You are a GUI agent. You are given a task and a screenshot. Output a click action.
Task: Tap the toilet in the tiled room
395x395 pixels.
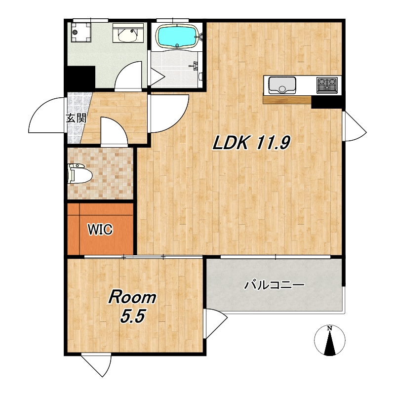pyautogui.click(x=79, y=173)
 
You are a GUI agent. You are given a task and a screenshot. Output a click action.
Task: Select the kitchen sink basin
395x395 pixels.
pyautogui.click(x=282, y=85)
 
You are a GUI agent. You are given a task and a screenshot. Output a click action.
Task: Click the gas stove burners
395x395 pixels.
pyautogui.click(x=327, y=84)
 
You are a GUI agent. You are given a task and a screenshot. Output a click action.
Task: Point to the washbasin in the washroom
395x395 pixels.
pyautogui.click(x=128, y=33)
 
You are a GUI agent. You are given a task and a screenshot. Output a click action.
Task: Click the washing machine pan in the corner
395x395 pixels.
pyautogui.click(x=80, y=32)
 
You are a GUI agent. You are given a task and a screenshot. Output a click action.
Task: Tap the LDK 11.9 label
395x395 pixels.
pyautogui.click(x=252, y=143)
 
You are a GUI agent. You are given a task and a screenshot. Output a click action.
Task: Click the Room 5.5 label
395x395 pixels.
pyautogui.click(x=132, y=307)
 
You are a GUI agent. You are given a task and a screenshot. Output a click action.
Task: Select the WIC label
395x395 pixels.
pyautogui.click(x=100, y=229)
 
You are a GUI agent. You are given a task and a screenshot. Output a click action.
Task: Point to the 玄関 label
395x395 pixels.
pyautogui.click(x=77, y=118)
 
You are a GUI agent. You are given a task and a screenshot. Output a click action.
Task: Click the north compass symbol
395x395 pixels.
pyautogui.click(x=329, y=340)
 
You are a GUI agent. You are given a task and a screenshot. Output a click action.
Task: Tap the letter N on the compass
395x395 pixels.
pyautogui.click(x=329, y=328)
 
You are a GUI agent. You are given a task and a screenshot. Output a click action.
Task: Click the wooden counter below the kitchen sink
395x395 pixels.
pyautogui.click(x=287, y=99)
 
